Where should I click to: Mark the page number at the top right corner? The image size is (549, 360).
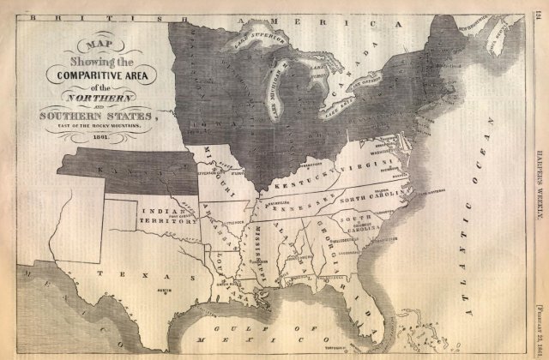tap(539, 10)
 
